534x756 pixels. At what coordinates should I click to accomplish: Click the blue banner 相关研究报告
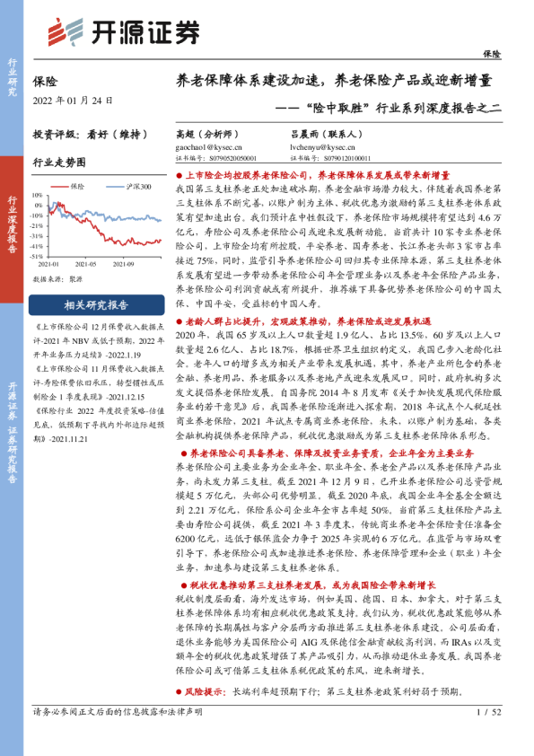click(x=96, y=303)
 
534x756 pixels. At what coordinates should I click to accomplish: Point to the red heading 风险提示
click(x=205, y=692)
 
